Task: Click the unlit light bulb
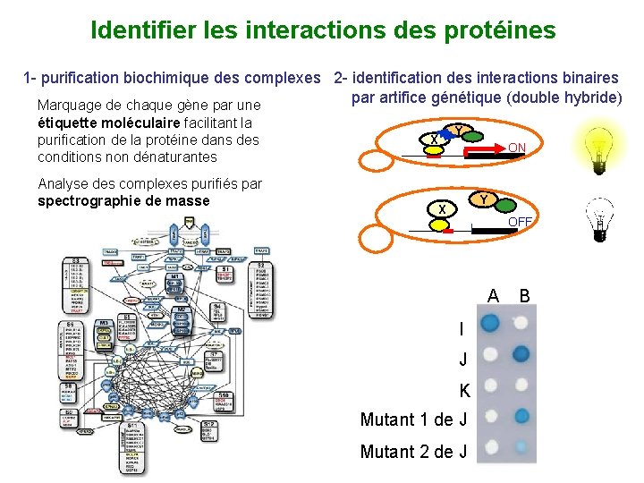pos(597,220)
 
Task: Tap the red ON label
pos(517,148)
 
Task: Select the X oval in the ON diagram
pos(434,140)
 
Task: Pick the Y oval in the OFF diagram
pos(483,199)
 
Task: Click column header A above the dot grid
pos(493,296)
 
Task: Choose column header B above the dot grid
pos(524,296)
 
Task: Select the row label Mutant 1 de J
pos(413,419)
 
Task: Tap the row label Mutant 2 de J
pos(413,452)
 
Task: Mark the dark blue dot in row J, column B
pos(521,355)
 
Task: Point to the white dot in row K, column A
pos(489,386)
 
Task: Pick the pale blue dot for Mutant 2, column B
pos(521,446)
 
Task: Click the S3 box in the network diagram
pos(87,259)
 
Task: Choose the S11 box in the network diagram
pos(133,426)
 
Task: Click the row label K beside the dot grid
pos(464,390)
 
